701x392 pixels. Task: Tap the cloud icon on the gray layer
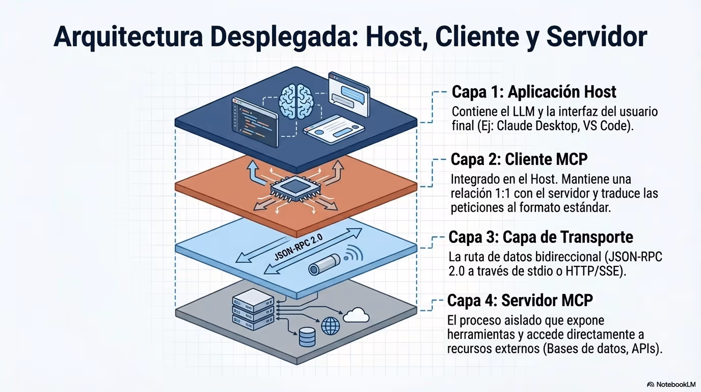click(356, 315)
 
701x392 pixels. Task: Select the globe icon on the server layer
click(330, 325)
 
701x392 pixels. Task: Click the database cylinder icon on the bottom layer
click(307, 336)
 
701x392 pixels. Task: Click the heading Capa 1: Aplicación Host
click(534, 92)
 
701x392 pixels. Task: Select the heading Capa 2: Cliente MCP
click(519, 159)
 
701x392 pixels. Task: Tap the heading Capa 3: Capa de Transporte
click(541, 237)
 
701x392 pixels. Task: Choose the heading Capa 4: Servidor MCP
click(520, 300)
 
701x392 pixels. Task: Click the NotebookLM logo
click(671, 384)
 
